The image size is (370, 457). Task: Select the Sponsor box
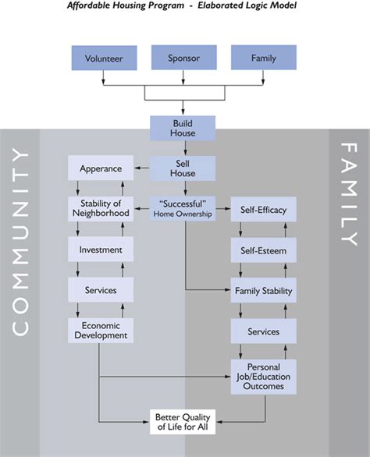point(184,58)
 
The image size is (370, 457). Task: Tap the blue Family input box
point(264,58)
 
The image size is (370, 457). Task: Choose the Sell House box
point(184,168)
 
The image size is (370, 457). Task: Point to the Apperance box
point(101,168)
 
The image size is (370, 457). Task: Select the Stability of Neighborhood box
point(101,209)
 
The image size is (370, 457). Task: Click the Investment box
point(101,250)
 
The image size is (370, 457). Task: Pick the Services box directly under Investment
point(101,290)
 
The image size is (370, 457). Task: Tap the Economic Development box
point(101,331)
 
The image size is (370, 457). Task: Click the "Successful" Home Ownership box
point(184,209)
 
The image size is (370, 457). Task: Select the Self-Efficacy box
point(264,209)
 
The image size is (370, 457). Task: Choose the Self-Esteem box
point(264,250)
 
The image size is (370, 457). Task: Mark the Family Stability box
point(264,291)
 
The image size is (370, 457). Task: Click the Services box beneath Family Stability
point(264,331)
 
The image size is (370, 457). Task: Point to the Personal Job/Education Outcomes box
point(264,372)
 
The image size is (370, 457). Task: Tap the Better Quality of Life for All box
point(184,421)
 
